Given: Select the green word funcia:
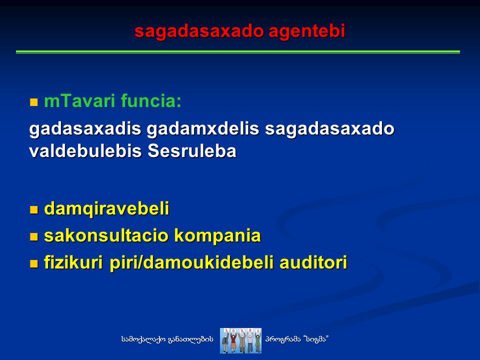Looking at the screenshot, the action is tap(151, 100).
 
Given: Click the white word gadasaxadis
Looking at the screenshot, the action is tap(85, 129).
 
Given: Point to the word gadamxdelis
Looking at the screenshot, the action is tap(203, 129).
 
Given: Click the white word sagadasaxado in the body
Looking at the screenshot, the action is tap(329, 129).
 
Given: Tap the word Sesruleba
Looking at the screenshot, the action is tap(192, 151).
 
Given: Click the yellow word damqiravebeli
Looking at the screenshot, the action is tap(107, 209).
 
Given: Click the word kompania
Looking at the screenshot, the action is tap(217, 236).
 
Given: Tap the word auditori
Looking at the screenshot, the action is tap(313, 262).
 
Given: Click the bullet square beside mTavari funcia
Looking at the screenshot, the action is tap(33, 102).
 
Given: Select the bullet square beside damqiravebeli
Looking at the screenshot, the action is tap(33, 209).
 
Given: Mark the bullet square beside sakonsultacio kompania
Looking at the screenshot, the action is tap(33, 236).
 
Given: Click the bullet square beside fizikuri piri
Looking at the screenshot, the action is tap(33, 263).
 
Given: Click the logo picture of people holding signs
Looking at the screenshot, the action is tap(240, 340).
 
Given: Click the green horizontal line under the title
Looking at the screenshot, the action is tap(238, 52).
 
